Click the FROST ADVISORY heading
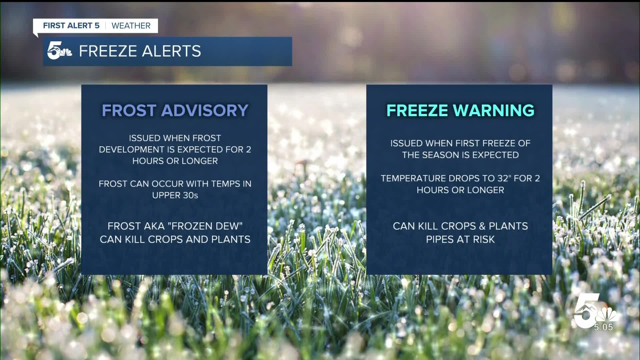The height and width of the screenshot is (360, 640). tap(175, 110)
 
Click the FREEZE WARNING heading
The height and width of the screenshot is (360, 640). tap(460, 110)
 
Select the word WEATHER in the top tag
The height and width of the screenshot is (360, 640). tap(131, 26)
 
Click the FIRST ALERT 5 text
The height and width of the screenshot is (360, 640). tap(71, 26)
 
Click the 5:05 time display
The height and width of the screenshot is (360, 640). tap(603, 327)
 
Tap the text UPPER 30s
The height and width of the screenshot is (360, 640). tap(175, 195)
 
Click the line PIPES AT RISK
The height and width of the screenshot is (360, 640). tap(460, 239)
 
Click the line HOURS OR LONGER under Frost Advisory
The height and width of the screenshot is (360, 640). tap(175, 161)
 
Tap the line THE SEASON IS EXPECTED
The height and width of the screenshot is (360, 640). tap(460, 155)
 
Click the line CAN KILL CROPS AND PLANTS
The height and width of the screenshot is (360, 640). tap(175, 239)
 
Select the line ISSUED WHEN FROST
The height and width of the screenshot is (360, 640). tap(175, 138)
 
